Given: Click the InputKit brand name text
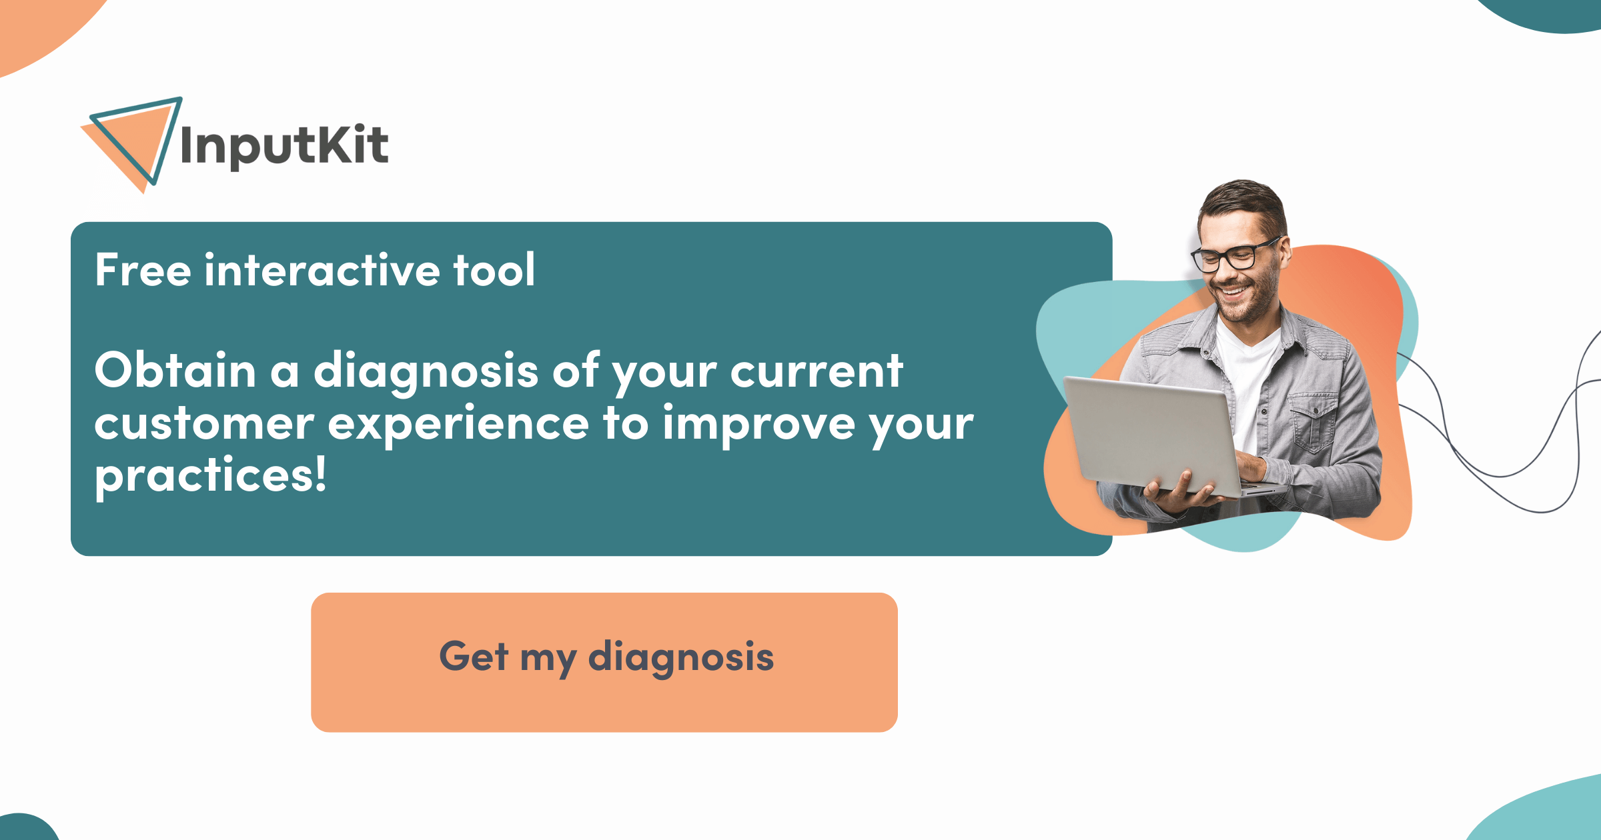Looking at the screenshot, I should [284, 145].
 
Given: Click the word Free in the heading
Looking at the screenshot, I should [143, 270].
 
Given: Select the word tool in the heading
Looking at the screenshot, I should [494, 270].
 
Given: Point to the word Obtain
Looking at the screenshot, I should [175, 371].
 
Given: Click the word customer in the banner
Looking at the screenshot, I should [204, 424].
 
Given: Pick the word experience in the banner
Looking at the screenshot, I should [458, 425].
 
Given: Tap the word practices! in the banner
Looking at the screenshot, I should [211, 476].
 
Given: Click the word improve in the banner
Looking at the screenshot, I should [759, 425].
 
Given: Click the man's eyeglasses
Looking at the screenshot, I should [1234, 255].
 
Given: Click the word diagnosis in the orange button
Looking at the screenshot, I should [680, 657].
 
